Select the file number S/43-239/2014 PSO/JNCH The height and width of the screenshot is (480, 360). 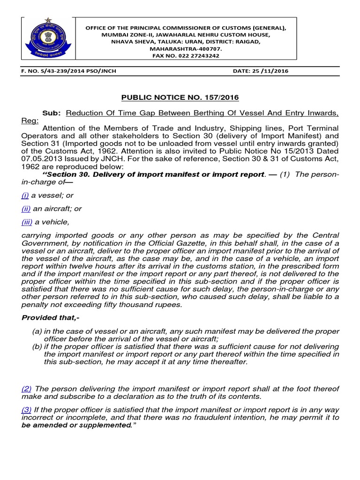click(69, 71)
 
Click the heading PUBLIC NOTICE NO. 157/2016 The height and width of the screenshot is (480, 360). click(180, 97)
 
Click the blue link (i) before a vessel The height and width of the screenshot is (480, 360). click(25, 195)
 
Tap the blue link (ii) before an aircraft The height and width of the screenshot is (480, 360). click(26, 209)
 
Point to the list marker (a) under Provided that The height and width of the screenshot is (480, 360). click(37, 331)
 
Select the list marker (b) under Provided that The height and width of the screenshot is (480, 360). click(37, 346)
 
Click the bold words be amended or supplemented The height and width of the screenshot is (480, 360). click(76, 425)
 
